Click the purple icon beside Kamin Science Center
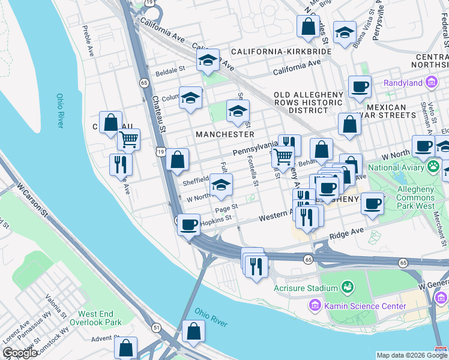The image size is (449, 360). pyautogui.click(x=315, y=306)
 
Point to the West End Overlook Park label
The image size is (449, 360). pyautogui.click(x=100, y=318)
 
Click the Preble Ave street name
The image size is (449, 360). pyautogui.click(x=88, y=40)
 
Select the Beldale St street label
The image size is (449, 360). pyautogui.click(x=170, y=70)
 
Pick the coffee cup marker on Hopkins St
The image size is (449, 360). pyautogui.click(x=189, y=225)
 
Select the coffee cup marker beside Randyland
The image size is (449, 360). pyautogui.click(x=360, y=86)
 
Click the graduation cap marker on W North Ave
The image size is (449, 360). pyautogui.click(x=221, y=185)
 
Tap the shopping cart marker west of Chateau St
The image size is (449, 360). pyautogui.click(x=128, y=140)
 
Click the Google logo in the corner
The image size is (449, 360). pyautogui.click(x=20, y=353)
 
